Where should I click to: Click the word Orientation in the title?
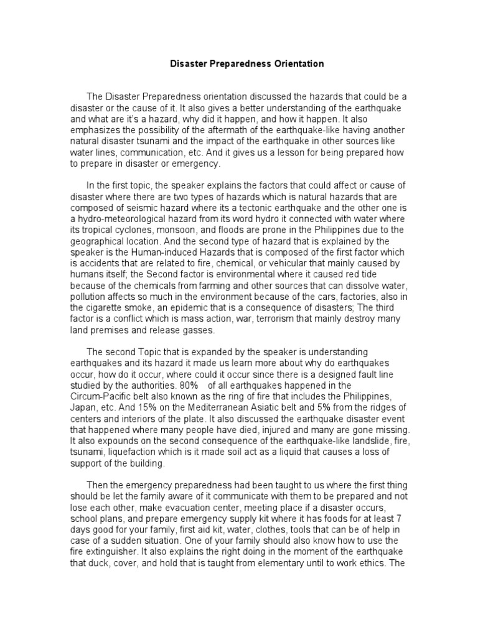[x=294, y=63]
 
